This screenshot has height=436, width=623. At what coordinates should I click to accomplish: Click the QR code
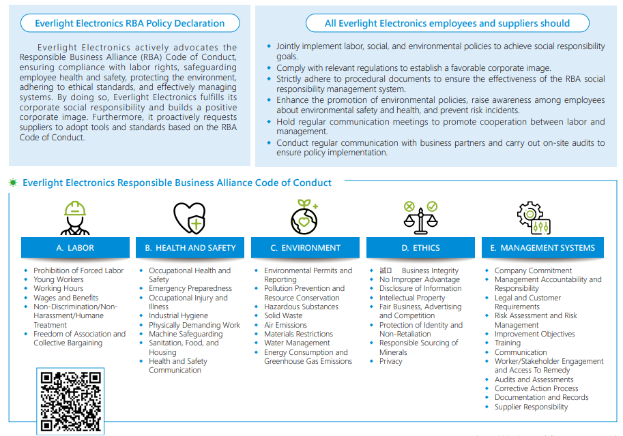pos(70,401)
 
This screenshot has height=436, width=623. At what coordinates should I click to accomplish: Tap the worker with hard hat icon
pos(75,218)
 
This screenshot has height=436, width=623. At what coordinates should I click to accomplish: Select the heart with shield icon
pos(190,218)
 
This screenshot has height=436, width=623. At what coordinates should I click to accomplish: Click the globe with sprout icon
pos(304,217)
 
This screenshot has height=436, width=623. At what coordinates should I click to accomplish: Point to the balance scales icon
pos(421,218)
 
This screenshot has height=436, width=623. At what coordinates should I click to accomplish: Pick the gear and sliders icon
pos(534,218)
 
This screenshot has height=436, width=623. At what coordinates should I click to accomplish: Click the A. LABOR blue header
pos(75,248)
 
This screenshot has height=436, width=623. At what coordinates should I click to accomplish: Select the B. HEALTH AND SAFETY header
pos(190,248)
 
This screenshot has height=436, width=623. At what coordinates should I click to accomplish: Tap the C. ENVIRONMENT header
pos(305,248)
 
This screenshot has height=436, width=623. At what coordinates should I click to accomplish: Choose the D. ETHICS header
pos(420,248)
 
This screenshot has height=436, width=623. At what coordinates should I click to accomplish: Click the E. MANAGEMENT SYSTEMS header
pos(542,248)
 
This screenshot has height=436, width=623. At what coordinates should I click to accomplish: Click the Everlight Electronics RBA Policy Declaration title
pos(130,23)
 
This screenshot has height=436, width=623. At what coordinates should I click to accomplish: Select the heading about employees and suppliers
pos(448,23)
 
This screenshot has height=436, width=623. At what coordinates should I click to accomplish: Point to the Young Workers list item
pos(59,280)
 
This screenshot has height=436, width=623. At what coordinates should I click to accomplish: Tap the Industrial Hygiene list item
pos(178,316)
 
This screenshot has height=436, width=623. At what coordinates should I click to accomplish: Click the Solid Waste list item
pos(283,316)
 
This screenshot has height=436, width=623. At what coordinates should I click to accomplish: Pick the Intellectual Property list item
pos(412,298)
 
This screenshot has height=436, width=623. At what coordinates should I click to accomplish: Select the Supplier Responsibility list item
pos(531,407)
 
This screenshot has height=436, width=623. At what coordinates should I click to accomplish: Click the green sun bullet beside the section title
pos(13,183)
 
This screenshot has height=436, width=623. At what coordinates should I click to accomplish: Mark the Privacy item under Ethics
pos(390,362)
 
